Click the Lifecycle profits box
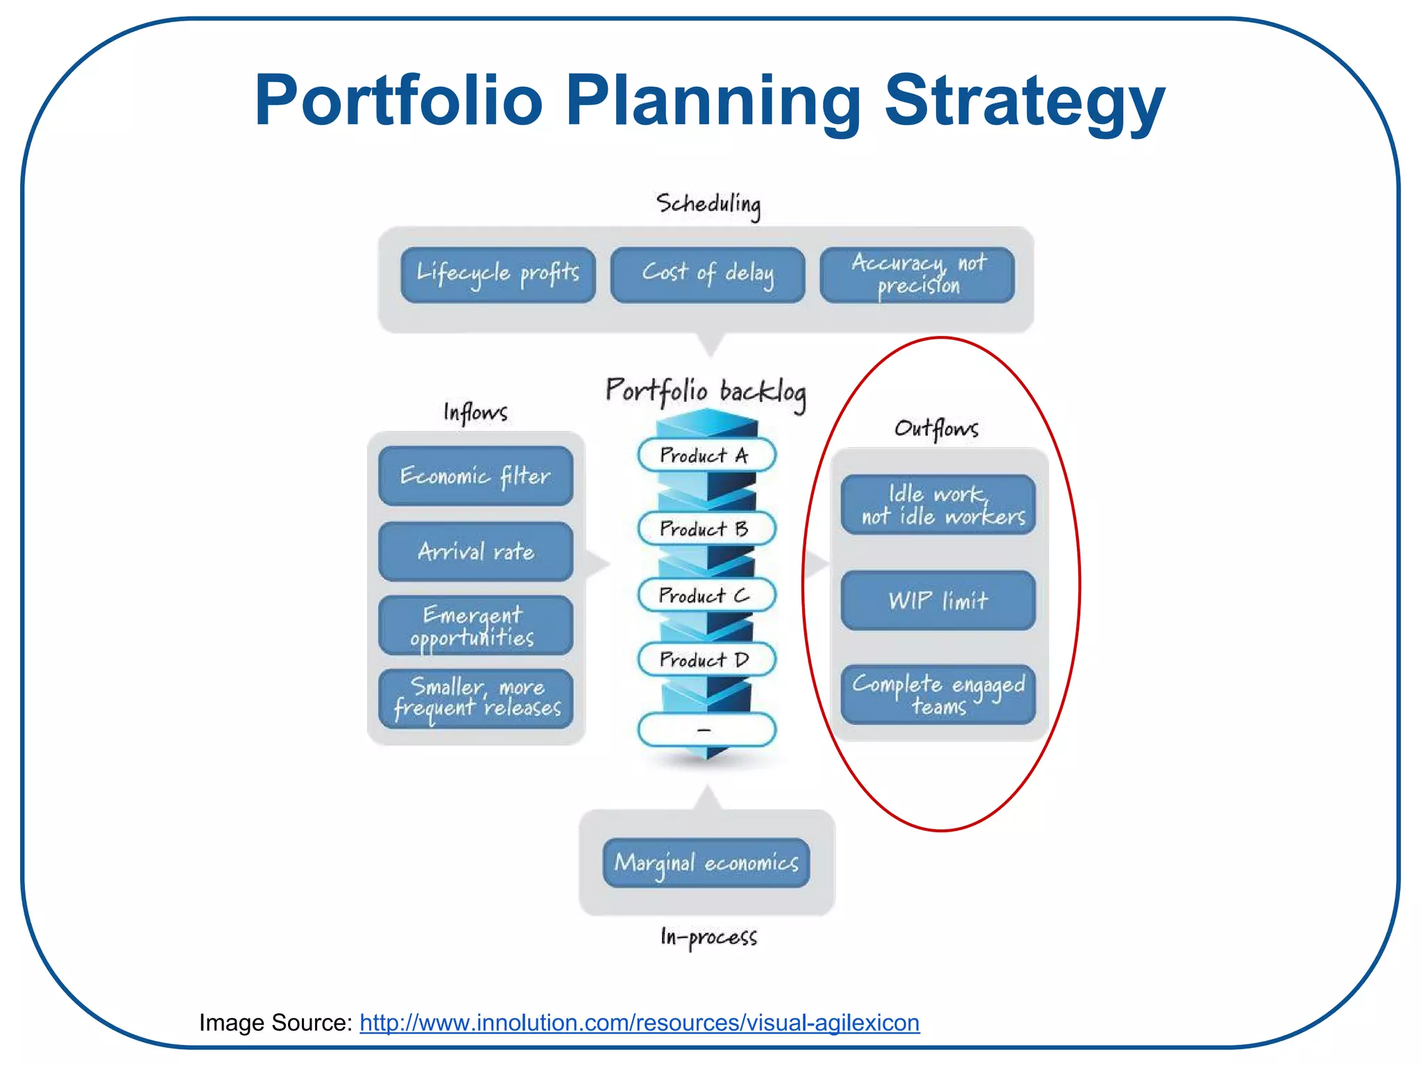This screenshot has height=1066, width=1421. point(497,275)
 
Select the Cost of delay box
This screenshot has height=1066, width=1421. point(707,275)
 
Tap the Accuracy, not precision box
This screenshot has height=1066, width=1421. point(917,275)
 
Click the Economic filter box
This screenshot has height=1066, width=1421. point(475,476)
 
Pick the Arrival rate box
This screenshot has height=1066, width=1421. point(475,552)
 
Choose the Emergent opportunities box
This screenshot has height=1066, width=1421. point(475,625)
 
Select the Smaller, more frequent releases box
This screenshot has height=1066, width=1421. point(475,698)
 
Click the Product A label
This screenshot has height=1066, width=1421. point(706,455)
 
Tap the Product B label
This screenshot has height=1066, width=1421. point(706,529)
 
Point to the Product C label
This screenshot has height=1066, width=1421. point(706,595)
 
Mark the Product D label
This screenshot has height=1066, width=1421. point(706,659)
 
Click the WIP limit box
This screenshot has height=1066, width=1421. point(938,600)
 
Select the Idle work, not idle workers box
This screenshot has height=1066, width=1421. point(938,505)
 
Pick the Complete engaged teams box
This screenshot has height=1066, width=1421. point(938,694)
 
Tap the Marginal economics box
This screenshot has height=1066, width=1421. point(706,863)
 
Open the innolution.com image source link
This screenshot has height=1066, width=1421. point(639,1022)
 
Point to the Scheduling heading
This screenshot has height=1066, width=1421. point(708,204)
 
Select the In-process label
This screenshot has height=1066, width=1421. point(708,937)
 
